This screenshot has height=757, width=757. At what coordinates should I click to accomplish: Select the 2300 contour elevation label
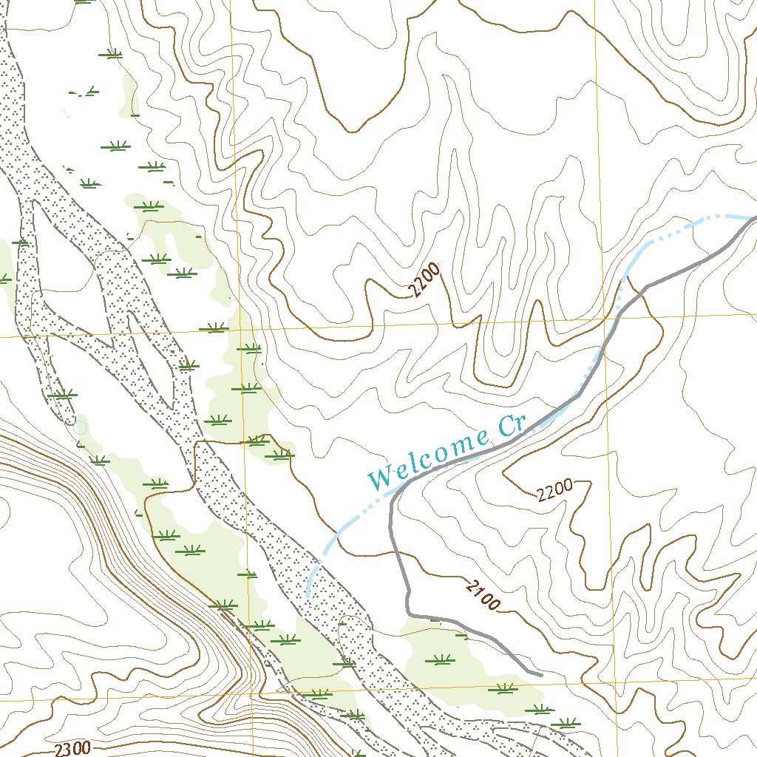[x=72, y=748]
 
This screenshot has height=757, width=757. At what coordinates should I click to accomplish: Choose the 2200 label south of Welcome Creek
[x=555, y=491]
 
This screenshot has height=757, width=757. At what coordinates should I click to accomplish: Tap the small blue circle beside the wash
[x=80, y=427]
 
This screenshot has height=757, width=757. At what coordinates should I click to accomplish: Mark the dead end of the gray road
[x=541, y=674]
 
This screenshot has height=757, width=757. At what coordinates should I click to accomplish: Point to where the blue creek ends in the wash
[x=307, y=595]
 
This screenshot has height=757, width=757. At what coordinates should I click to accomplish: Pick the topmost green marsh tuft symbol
[x=112, y=53]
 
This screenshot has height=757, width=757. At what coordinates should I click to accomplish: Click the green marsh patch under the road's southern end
[x=466, y=665]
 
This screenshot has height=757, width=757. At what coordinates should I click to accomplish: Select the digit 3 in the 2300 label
[x=69, y=749]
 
